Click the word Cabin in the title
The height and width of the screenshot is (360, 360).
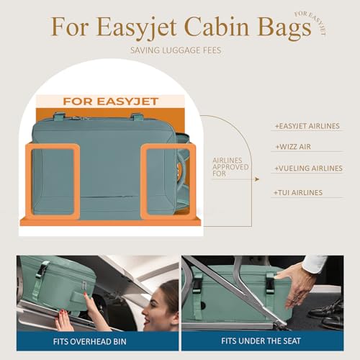(x=216, y=27)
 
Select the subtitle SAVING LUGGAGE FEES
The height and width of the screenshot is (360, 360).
(x=176, y=50)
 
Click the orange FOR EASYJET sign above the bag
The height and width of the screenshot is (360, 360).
(x=110, y=102)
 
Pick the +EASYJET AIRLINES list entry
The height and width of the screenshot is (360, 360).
(x=307, y=126)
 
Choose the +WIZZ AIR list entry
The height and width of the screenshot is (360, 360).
(x=293, y=147)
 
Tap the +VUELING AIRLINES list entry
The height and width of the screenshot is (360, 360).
(x=308, y=168)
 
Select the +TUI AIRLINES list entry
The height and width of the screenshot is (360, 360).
(x=298, y=192)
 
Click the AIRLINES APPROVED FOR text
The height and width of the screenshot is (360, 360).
(x=230, y=167)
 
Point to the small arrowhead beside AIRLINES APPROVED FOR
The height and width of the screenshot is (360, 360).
(x=257, y=179)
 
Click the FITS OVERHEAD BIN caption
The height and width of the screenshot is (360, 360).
(x=90, y=341)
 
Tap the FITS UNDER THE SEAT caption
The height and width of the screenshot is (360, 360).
(x=261, y=341)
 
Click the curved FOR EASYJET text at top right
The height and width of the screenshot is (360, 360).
(x=311, y=22)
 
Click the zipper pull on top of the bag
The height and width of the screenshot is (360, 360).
(x=77, y=118)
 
